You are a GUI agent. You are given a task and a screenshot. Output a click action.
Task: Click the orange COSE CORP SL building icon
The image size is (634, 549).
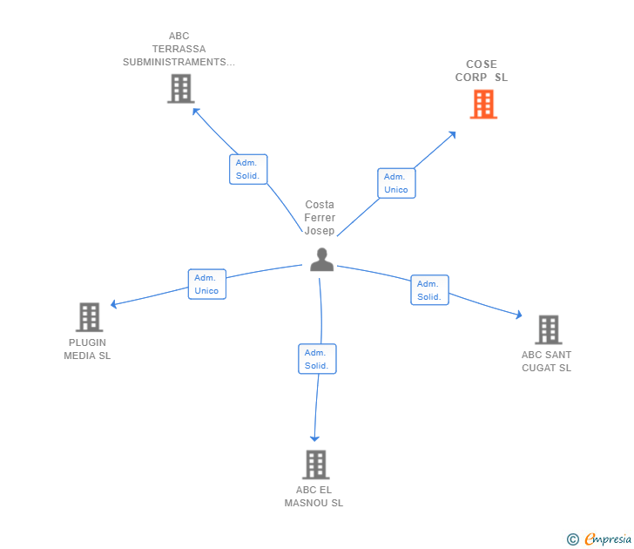(x=483, y=105)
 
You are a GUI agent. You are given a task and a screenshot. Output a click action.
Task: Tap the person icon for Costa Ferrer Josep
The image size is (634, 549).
(x=322, y=260)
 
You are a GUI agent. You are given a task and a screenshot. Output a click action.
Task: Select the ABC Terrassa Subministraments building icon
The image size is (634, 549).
(x=180, y=89)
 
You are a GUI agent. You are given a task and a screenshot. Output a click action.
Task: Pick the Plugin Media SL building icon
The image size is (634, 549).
(x=89, y=317)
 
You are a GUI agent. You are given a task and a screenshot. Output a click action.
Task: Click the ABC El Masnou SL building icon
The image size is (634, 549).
(x=315, y=464)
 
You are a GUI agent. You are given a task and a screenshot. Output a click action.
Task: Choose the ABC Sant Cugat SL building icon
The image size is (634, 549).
(x=548, y=330)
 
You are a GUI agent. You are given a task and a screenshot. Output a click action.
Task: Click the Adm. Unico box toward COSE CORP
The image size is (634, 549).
(x=396, y=183)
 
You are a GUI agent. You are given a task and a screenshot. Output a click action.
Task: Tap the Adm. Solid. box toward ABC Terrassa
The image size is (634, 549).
(x=248, y=169)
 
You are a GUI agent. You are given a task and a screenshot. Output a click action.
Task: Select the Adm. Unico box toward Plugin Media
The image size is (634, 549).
(x=207, y=284)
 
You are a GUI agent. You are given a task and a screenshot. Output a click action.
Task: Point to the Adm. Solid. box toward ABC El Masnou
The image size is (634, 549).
(x=317, y=359)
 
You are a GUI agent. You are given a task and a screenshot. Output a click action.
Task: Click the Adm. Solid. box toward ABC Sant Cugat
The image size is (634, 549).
(x=429, y=290)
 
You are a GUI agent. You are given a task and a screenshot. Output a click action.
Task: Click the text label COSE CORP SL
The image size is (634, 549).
(x=482, y=71)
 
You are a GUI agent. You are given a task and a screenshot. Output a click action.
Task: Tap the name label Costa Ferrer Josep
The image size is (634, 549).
(x=320, y=218)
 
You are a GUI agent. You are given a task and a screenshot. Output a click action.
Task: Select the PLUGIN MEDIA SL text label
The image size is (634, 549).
(x=87, y=349)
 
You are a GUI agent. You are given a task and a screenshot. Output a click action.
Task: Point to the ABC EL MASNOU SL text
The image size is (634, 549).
(x=314, y=497)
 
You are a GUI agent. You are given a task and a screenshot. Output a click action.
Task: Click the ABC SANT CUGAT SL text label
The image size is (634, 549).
(x=546, y=361)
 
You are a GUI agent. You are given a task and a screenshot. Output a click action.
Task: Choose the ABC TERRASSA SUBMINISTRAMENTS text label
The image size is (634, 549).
(x=179, y=49)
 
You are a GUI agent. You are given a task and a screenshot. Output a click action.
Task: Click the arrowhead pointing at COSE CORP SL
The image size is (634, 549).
(x=452, y=135)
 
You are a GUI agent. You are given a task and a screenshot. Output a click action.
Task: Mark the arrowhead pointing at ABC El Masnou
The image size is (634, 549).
(x=315, y=437)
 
